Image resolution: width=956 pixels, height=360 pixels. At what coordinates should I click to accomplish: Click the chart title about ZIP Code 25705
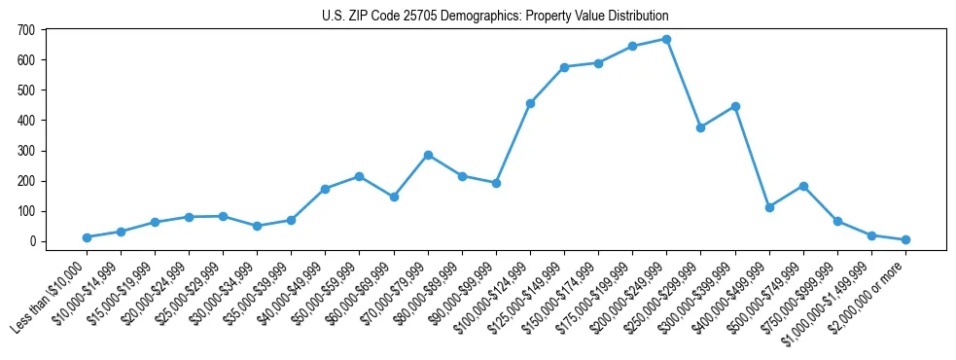point(495,17)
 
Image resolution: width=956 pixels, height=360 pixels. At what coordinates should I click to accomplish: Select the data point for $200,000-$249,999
point(666,39)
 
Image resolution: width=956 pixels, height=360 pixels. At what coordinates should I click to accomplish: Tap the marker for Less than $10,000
point(87,237)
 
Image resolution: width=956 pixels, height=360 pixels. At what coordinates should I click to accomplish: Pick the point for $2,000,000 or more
point(905,239)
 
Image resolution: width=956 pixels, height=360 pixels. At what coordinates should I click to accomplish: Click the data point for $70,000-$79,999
point(428,155)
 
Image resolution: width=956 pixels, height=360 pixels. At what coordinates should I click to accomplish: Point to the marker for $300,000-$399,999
point(735,106)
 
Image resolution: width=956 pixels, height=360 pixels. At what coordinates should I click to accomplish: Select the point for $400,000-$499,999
point(769,207)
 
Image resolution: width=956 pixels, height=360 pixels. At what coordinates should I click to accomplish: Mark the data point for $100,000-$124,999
point(530,103)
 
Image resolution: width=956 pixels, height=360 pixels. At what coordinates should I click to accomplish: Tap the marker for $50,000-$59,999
point(359,176)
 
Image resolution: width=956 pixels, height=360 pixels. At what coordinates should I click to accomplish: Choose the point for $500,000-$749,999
point(803,186)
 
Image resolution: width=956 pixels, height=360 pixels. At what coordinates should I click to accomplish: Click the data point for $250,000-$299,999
point(700,127)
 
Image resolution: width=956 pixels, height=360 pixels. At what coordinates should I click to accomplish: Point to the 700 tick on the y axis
point(26,30)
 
